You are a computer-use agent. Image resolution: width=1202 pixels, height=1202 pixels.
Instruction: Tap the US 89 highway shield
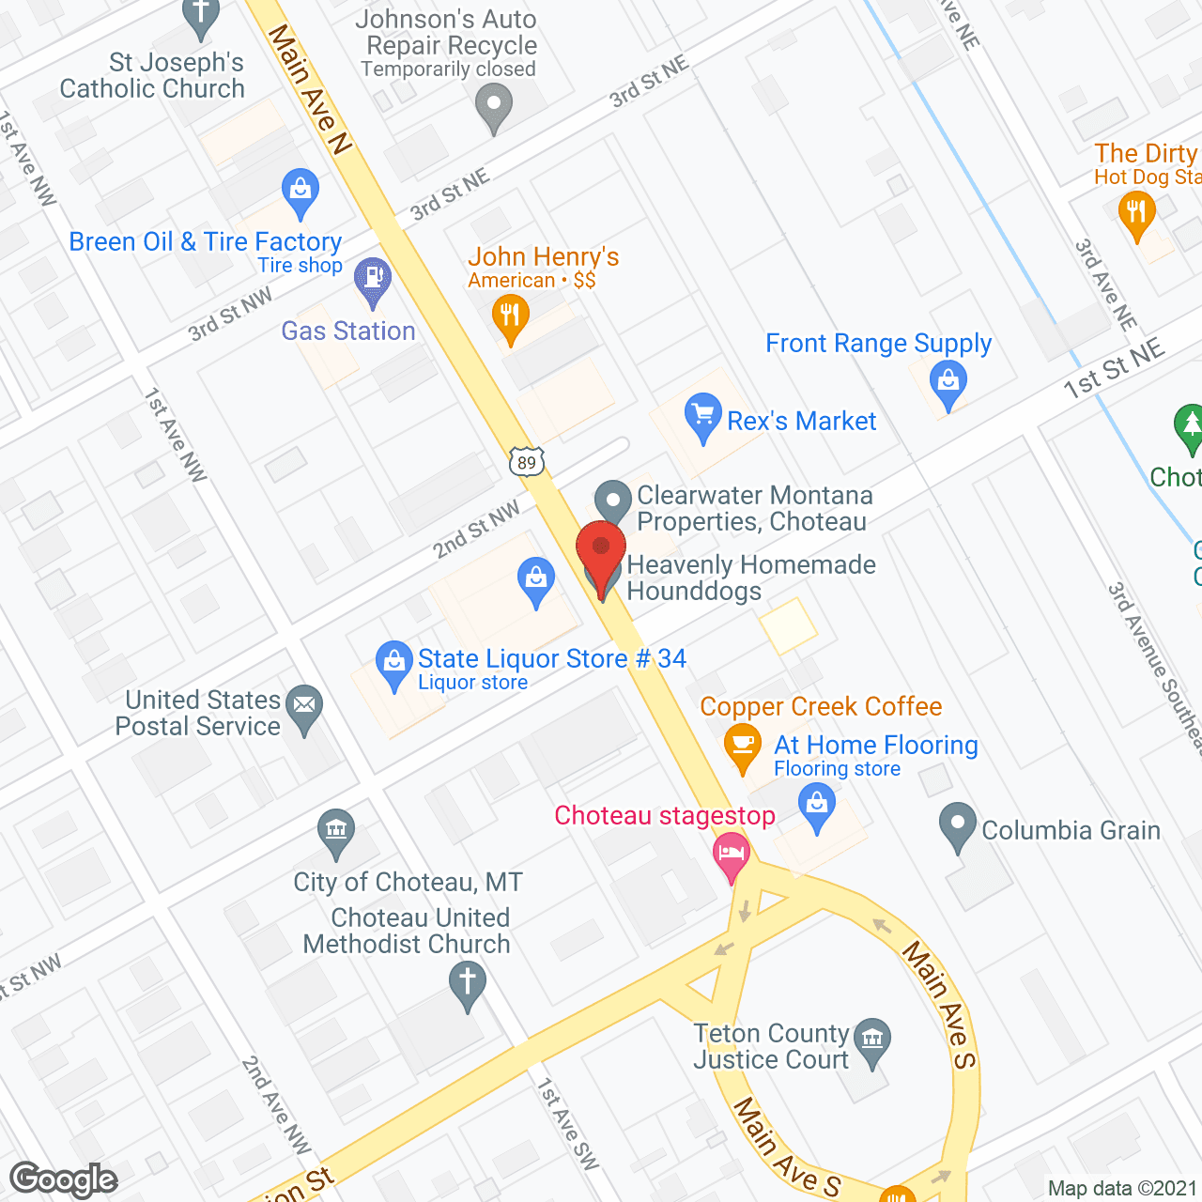[x=527, y=461]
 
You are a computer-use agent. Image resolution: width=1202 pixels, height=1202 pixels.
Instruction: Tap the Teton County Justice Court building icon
[x=873, y=1040]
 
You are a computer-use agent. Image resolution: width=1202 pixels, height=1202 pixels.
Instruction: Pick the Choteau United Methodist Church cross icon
[x=467, y=982]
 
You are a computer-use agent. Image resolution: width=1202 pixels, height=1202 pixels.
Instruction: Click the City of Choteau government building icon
[x=335, y=829]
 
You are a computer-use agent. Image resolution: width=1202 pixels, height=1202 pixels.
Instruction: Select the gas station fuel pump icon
[x=373, y=278]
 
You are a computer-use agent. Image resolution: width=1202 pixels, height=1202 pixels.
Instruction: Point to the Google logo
[x=64, y=1179]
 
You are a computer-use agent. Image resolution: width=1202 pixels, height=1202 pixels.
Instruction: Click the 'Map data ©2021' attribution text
[x=1122, y=1188]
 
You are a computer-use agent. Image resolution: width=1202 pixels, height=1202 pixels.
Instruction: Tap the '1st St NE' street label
[x=1114, y=369]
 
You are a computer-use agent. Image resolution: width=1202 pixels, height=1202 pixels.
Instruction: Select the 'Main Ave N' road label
[x=309, y=88]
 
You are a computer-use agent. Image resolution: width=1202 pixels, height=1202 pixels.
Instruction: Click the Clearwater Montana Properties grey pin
[x=613, y=500]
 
